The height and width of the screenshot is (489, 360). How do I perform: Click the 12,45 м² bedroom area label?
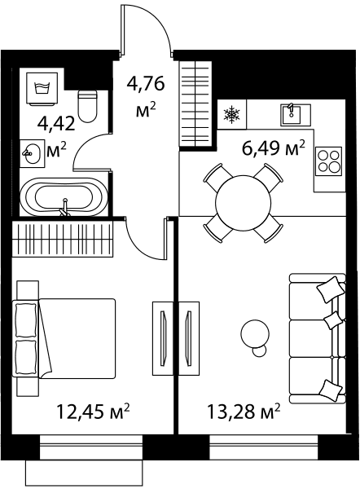pyautogui.click(x=93, y=412)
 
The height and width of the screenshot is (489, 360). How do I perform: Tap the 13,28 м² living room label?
pyautogui.click(x=244, y=412)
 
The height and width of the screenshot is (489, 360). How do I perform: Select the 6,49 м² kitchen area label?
pyautogui.click(x=273, y=149)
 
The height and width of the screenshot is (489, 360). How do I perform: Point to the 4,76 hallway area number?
pyautogui.click(x=146, y=84)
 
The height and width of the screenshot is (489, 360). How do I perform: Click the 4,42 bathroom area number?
pyautogui.click(x=56, y=124)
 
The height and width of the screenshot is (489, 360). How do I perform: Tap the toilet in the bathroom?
pyautogui.click(x=88, y=106)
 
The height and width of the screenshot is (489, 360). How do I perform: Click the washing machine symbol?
pyautogui.click(x=42, y=88)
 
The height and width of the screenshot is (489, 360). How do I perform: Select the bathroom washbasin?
pyautogui.click(x=31, y=153)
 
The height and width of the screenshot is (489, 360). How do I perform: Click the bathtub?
pyautogui.click(x=64, y=196)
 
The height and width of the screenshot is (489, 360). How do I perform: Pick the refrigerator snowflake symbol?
pyautogui.click(x=232, y=114)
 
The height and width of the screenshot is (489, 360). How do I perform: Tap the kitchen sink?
pyautogui.click(x=296, y=114)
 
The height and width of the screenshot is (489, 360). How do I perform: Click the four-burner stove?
pyautogui.click(x=328, y=161)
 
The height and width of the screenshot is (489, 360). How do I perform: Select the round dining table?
pyautogui.click(x=243, y=203)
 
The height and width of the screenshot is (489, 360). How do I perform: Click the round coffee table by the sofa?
pyautogui.click(x=255, y=334)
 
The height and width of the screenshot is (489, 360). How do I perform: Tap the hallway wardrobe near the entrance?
pyautogui.click(x=195, y=104)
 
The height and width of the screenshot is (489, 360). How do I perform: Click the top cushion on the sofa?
pyautogui.click(x=331, y=289)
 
